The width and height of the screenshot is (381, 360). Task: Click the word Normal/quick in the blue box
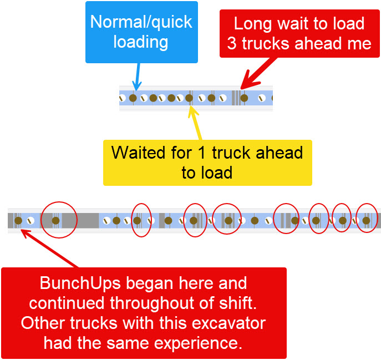[141, 22]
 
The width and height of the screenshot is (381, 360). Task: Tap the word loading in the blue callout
[141, 42]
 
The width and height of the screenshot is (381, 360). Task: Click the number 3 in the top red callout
[232, 44]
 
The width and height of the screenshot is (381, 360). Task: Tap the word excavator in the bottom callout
[229, 322]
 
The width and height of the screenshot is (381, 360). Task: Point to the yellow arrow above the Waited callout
[196, 122]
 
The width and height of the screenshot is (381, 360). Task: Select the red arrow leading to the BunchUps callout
[50, 248]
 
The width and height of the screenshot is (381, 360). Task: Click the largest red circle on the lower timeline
[59, 220]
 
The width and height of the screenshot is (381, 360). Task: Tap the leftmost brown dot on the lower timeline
[18, 220]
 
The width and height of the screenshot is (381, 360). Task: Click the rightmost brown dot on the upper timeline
[243, 98]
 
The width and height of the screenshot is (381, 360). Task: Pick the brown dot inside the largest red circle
[55, 220]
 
